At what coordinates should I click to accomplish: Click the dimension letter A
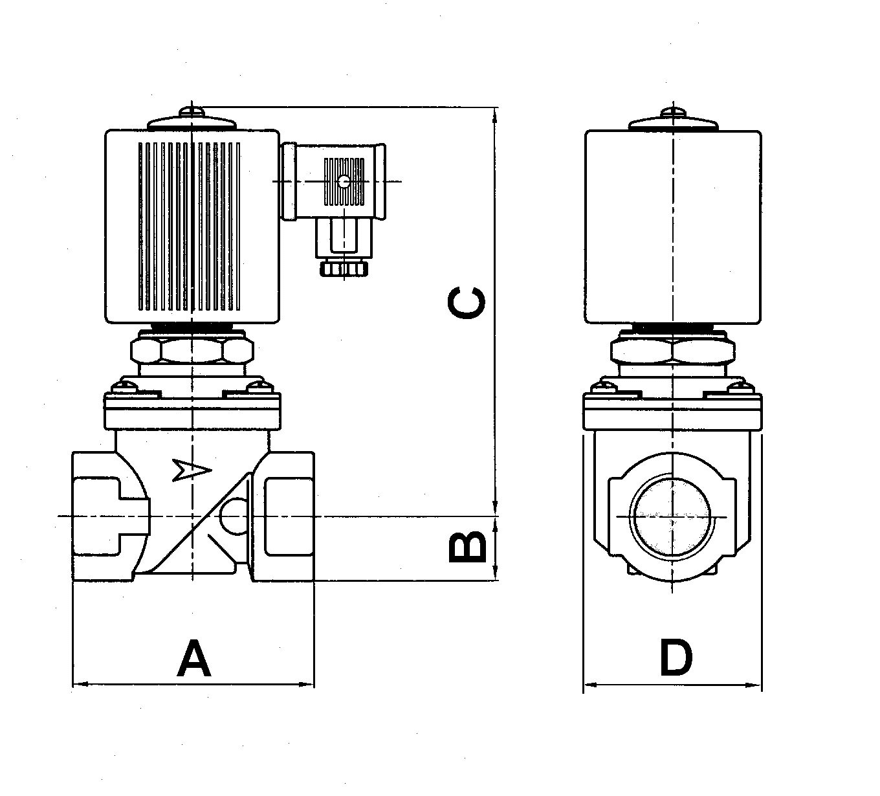click(x=193, y=658)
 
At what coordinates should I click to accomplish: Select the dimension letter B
click(x=467, y=546)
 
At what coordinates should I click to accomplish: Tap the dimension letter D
click(x=676, y=658)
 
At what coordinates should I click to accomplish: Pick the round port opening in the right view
click(x=673, y=516)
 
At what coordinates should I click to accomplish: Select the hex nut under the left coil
click(x=192, y=351)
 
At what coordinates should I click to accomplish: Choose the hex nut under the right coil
click(x=673, y=351)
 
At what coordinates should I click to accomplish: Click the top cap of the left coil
click(x=192, y=121)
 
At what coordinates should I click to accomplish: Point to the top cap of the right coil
click(x=673, y=122)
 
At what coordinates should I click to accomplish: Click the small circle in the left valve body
click(x=233, y=516)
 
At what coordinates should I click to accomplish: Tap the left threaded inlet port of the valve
click(x=97, y=516)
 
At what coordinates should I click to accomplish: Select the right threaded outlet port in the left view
click(x=289, y=516)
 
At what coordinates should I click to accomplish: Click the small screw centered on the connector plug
click(x=344, y=182)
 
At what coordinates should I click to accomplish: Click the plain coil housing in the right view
click(x=673, y=227)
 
